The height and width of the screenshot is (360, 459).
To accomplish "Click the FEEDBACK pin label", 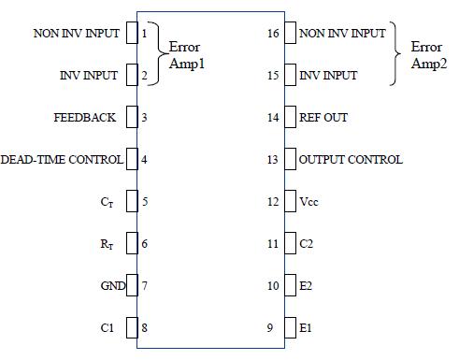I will tap(85, 118).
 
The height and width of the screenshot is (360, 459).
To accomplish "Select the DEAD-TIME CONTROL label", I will tap(62, 160).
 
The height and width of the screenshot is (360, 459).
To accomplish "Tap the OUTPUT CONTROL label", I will tap(351, 160).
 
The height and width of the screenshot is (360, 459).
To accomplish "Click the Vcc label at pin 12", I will tap(310, 202).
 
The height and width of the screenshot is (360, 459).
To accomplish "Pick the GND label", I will tap(112, 286).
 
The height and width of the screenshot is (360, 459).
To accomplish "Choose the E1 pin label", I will tap(307, 328).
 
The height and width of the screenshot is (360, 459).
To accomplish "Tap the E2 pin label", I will tap(307, 286).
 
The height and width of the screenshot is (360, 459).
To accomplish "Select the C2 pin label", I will tap(307, 244).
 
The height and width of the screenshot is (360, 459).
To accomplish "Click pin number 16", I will tap(273, 34).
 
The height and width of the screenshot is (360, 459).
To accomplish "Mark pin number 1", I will tap(144, 34).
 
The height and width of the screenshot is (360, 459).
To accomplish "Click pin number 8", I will tap(144, 328).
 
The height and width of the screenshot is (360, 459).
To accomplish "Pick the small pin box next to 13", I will tap(290, 160).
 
